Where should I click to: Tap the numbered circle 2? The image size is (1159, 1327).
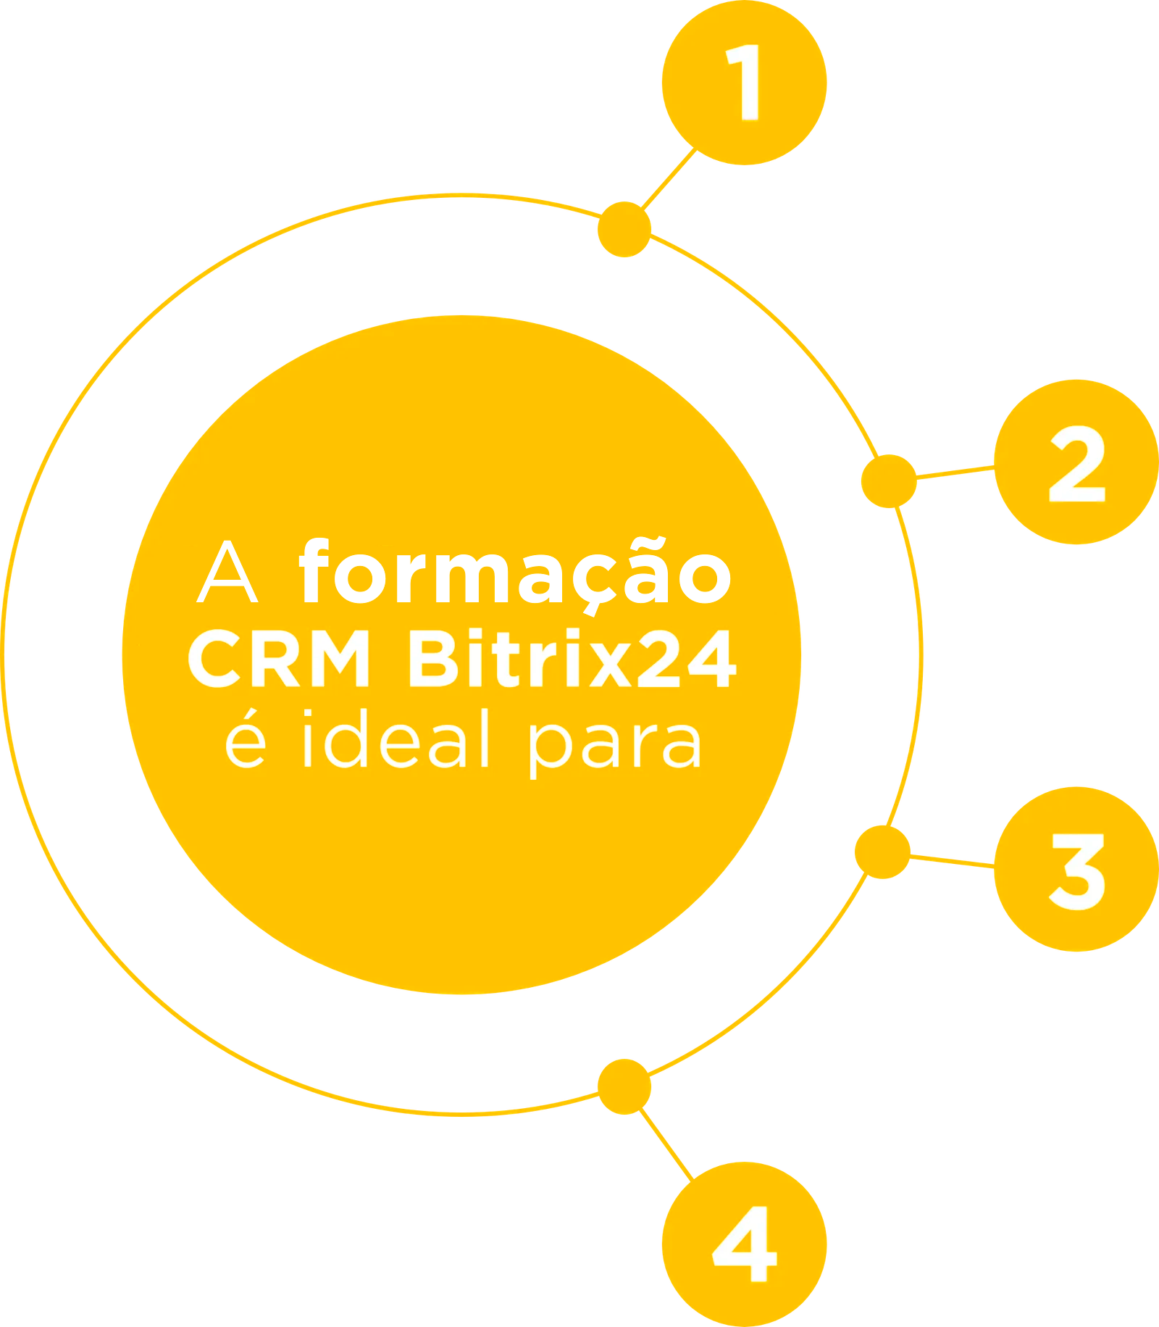(1076, 462)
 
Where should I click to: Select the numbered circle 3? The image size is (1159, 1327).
(1076, 869)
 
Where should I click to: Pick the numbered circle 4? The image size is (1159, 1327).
(744, 1244)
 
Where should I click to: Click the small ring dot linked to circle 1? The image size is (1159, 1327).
(624, 230)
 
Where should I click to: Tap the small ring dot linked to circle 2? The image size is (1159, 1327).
(888, 481)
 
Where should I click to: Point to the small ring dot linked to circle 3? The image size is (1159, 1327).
(882, 852)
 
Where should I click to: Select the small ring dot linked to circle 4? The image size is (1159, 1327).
(624, 1086)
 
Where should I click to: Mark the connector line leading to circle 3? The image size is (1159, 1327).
(952, 859)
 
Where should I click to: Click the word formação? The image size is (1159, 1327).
(515, 575)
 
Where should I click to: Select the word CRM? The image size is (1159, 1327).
(280, 660)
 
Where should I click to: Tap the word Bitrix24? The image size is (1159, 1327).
(572, 659)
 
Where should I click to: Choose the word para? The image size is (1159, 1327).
(615, 746)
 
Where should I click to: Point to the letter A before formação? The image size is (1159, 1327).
(227, 575)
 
